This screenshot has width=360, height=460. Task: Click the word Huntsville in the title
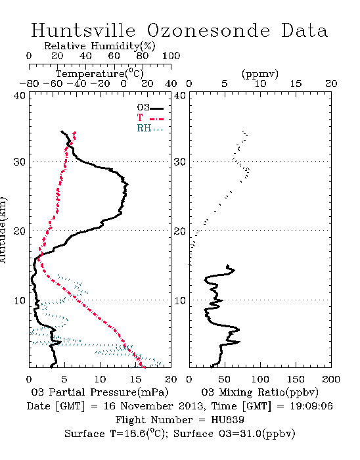point(83,30)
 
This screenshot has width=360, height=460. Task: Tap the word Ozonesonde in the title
point(208,31)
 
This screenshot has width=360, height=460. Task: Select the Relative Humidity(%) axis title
point(100,46)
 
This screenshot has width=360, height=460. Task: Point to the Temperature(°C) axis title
point(100,74)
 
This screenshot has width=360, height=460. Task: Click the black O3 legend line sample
point(156,108)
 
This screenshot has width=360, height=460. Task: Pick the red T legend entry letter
point(140,118)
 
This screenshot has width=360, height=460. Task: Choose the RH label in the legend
point(144,128)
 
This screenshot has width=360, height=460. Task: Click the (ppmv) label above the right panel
point(260,74)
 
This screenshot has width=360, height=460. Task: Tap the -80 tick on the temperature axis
point(29,84)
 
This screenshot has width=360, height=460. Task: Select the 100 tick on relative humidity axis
point(171,56)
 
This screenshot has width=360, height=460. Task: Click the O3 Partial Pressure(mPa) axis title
point(100,392)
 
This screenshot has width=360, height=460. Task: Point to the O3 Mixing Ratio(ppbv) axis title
point(259,392)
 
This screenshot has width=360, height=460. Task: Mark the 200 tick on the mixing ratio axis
point(331,379)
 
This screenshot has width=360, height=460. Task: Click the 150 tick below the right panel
point(296,379)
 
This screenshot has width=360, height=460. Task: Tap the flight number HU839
point(227,420)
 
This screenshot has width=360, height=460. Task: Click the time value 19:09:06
point(311,406)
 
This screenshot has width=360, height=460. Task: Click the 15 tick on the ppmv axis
point(296,84)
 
